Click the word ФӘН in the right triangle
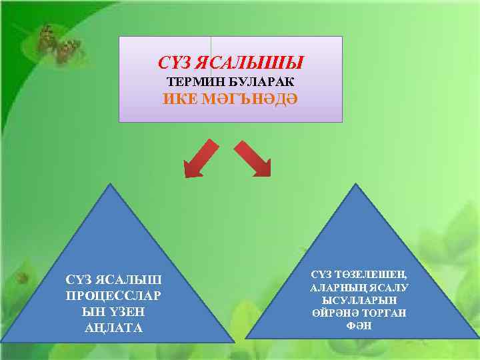[359, 326]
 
